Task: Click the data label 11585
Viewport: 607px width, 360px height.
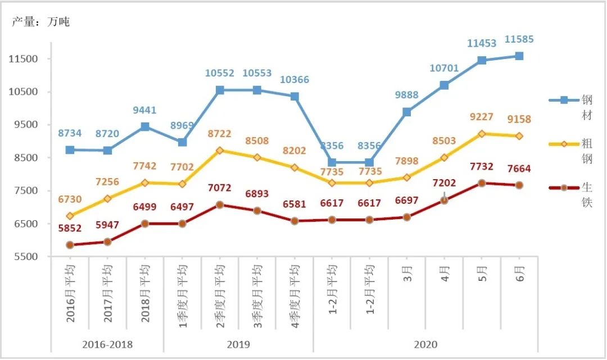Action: click(x=519, y=40)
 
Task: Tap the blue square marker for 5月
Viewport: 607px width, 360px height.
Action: click(x=482, y=60)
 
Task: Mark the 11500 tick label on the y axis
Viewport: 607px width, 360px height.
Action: click(x=22, y=59)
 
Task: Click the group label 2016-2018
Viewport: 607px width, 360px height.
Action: click(x=107, y=344)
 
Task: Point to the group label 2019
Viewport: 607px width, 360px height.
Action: click(x=239, y=344)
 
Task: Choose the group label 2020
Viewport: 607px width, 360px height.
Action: click(x=425, y=344)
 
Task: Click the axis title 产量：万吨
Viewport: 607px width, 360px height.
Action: click(x=41, y=22)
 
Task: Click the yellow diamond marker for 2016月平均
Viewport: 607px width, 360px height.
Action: click(x=70, y=216)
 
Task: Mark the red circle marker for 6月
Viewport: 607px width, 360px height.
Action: click(x=519, y=185)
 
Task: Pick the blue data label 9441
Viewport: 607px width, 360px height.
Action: click(x=145, y=111)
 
